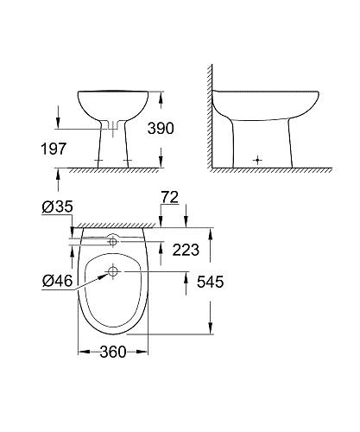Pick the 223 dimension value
click(186, 251)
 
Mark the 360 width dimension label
click(116, 352)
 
